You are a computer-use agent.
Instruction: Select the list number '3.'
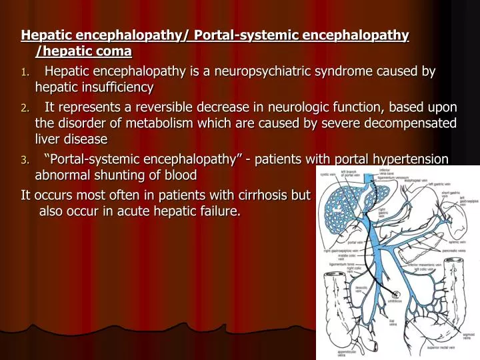tap(25, 160)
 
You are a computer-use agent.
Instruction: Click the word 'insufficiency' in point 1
tap(115, 87)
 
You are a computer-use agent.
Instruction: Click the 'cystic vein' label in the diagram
tap(329, 175)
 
